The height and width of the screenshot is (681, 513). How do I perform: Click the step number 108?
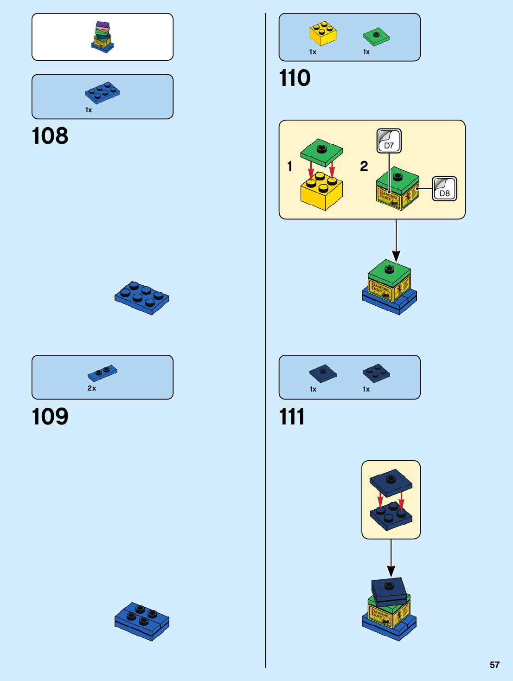tap(50, 136)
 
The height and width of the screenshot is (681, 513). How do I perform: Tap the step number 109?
tap(50, 417)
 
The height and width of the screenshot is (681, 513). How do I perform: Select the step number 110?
tap(295, 78)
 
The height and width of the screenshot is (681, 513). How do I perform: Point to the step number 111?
tap(292, 417)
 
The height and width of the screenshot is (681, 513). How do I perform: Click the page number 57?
tap(494, 665)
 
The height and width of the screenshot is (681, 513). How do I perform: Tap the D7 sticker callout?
tap(389, 141)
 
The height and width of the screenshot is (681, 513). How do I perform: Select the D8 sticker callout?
tap(444, 189)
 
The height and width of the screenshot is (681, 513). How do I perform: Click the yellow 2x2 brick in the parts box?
tap(323, 33)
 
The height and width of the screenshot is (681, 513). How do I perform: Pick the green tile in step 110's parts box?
tap(376, 36)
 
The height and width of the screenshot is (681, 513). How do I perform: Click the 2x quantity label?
tap(92, 388)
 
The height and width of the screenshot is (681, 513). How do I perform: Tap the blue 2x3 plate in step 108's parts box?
tap(103, 92)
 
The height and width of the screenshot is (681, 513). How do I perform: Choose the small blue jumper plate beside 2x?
tap(103, 373)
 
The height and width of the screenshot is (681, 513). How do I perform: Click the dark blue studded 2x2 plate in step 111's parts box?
tap(376, 373)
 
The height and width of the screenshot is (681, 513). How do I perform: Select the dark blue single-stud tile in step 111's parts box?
tap(323, 373)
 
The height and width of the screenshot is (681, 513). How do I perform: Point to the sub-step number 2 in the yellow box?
tap(364, 166)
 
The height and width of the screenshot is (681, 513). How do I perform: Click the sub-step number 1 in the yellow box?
tap(290, 166)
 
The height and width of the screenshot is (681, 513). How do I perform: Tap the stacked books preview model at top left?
tap(103, 37)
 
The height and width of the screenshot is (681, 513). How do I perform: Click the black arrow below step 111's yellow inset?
tap(391, 559)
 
